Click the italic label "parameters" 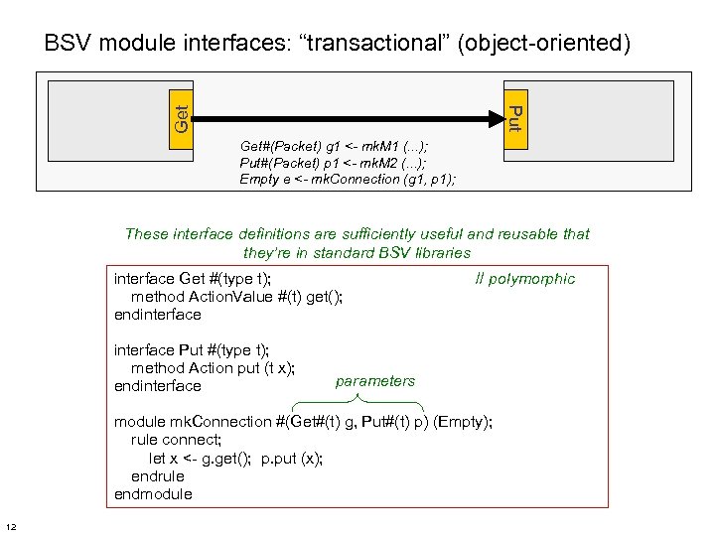click(375, 381)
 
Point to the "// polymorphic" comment click(524, 279)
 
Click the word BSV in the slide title click(68, 44)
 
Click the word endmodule click(153, 494)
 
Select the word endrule click(157, 476)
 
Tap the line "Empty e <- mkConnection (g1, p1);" click(348, 180)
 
